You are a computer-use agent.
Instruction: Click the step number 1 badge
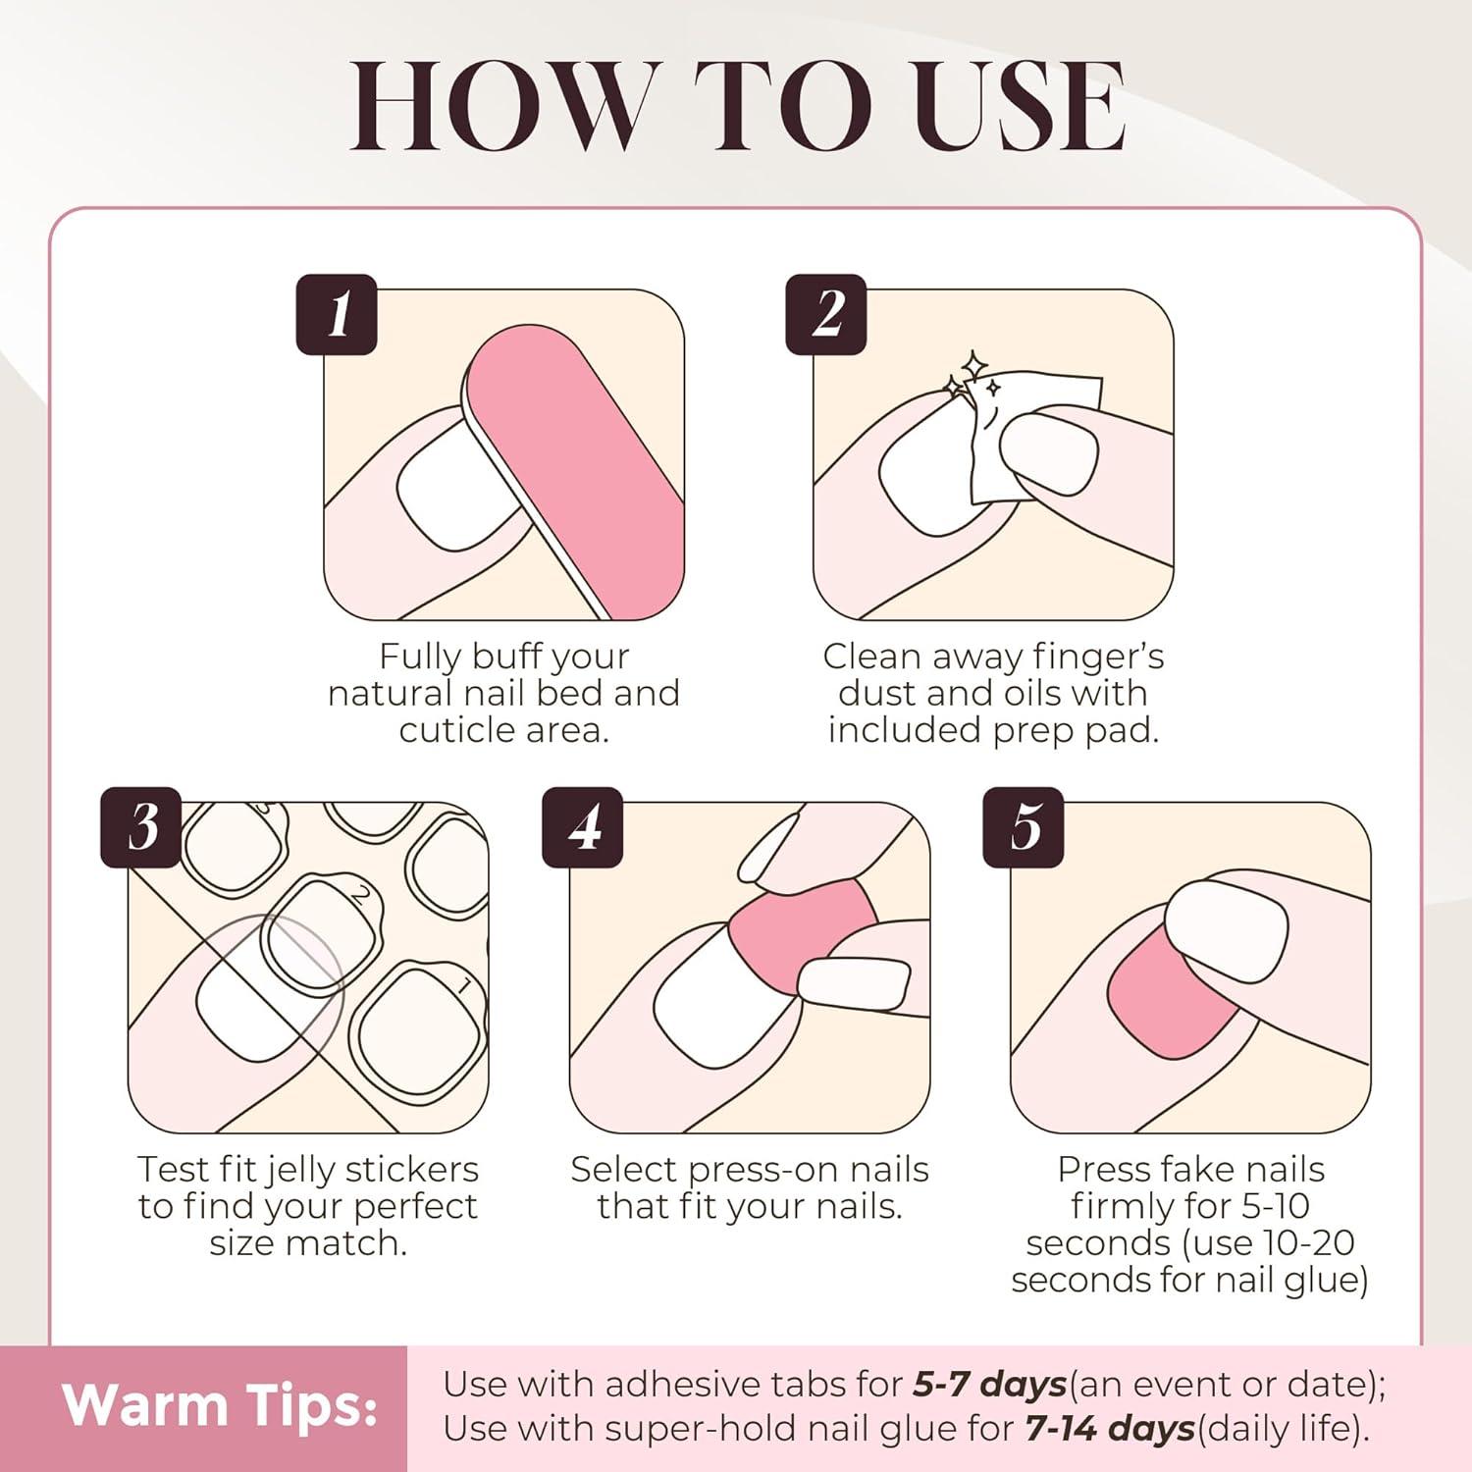click(337, 314)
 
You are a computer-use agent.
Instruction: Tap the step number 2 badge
click(826, 314)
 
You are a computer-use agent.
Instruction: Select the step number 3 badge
click(141, 827)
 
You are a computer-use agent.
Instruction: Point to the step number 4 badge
click(583, 827)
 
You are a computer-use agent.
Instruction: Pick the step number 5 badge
click(1024, 827)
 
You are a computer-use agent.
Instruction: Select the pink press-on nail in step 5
click(1173, 996)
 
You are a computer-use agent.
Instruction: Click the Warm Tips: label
click(221, 1405)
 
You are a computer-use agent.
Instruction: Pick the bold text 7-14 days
click(1110, 1428)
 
